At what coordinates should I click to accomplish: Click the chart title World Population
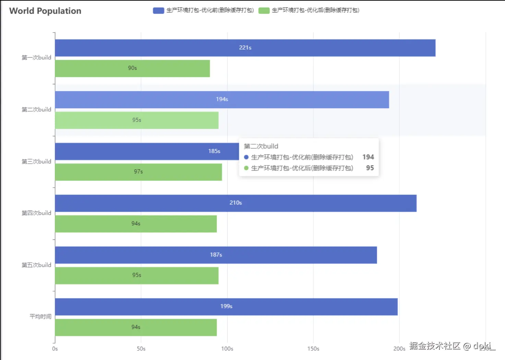45,11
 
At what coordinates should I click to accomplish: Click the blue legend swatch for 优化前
158,11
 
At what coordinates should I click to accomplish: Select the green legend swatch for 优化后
264,11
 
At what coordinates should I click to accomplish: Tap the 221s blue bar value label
245,48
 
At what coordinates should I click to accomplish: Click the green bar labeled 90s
132,68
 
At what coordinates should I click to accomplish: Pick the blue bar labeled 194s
222,99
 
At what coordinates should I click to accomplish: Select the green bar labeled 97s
138,172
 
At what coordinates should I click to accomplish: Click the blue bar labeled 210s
236,203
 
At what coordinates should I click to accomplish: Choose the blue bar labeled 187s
216,255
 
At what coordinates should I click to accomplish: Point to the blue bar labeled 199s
226,306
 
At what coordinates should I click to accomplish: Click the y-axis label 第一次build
36,58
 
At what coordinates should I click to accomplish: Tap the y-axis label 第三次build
36,161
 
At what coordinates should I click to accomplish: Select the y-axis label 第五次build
36,265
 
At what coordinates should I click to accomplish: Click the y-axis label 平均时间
40,316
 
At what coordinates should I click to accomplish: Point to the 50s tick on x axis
141,349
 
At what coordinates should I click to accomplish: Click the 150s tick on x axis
313,349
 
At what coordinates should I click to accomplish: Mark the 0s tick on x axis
55,349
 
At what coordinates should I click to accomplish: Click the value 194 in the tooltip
368,157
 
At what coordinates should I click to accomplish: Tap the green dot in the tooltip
246,168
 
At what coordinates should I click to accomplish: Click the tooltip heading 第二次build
261,146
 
